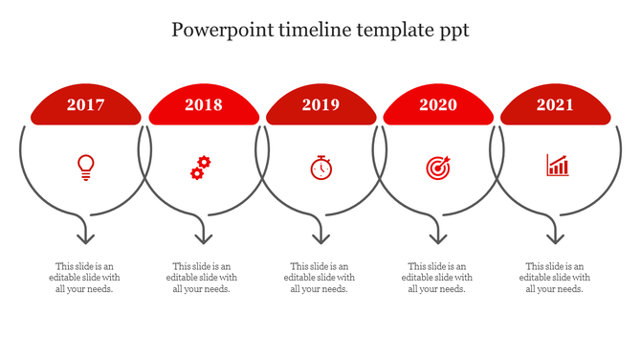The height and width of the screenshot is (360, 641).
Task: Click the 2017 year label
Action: click(86, 105)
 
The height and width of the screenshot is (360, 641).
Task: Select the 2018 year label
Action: click(204, 105)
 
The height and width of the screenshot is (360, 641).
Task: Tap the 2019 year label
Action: click(320, 105)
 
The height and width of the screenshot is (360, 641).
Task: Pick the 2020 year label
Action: click(438, 105)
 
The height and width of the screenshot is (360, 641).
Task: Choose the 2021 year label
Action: click(556, 105)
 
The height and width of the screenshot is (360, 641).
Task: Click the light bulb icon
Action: click(86, 168)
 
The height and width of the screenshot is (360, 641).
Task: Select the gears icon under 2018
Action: click(200, 168)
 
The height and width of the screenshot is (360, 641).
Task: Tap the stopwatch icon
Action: click(320, 168)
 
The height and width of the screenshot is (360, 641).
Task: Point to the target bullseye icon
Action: click(437, 168)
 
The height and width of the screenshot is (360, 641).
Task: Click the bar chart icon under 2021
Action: click(557, 166)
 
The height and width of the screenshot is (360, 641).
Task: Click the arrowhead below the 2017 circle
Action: click(86, 236)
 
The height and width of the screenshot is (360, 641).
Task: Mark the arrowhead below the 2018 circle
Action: click(203, 236)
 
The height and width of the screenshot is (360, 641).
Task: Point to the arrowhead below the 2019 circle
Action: click(320, 236)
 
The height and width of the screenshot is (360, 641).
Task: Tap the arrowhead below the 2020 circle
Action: click(438, 236)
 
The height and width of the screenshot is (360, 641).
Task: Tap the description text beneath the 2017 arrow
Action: click(86, 278)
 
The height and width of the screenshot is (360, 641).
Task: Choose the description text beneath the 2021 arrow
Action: click(556, 278)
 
